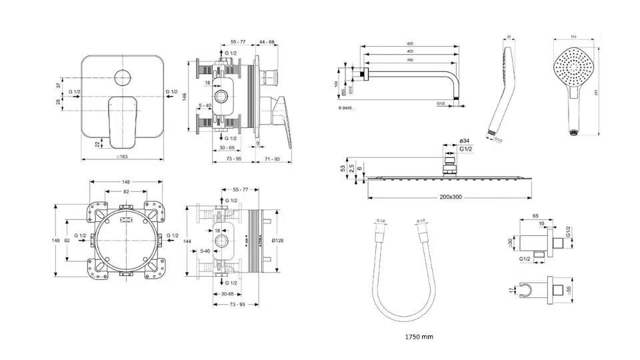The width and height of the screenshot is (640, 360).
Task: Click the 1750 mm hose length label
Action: pos(419,337)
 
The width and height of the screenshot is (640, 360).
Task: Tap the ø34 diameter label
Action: pos(465,140)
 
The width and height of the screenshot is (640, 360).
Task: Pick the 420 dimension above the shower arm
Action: pos(409,44)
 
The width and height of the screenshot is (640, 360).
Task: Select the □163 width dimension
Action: pos(122,157)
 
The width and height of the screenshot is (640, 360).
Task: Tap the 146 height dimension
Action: pos(184,97)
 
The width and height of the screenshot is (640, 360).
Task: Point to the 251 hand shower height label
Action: pos(605,91)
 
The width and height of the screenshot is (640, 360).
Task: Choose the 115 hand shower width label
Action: pos(573,37)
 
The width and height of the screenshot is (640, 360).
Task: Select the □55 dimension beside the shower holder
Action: pos(569,289)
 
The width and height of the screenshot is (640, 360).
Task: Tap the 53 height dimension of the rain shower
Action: pos(343,167)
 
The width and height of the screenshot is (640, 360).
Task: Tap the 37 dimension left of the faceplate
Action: pos(59,84)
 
